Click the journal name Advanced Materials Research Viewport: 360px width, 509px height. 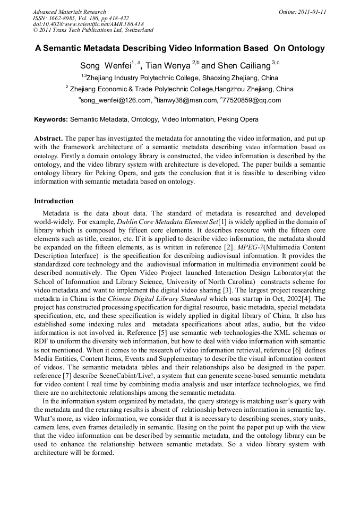coord(69,12)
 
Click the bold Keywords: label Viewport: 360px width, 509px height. coord(51,120)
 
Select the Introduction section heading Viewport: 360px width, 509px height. coord(54,201)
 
